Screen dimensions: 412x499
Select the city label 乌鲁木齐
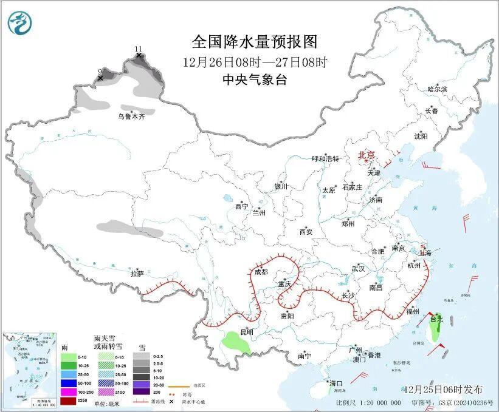131,117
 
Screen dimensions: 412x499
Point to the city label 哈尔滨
436,89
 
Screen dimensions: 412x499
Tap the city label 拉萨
137,274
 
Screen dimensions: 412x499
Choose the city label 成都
261,272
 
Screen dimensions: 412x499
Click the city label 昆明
246,332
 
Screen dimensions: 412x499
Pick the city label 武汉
358,268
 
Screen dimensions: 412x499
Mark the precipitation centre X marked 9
100,78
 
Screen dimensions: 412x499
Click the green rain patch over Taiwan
436,329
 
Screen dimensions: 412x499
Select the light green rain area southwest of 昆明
236,343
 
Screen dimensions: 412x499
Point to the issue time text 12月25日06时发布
442,389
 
